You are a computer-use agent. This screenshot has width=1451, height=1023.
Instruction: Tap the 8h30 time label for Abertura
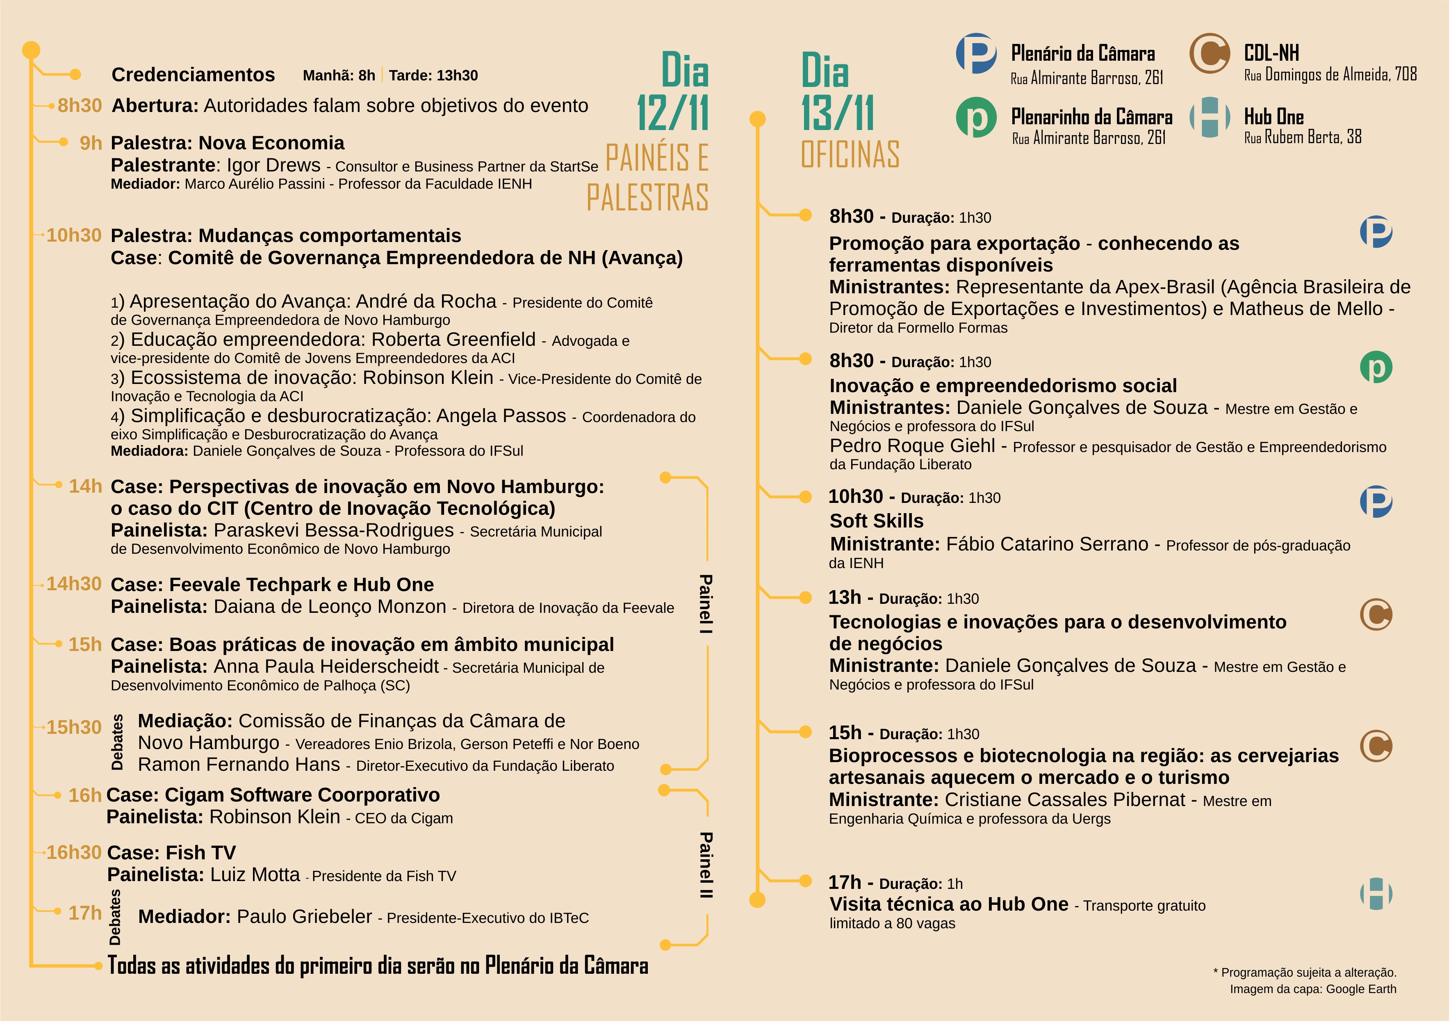point(79,105)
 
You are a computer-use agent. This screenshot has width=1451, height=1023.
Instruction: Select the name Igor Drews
point(273,165)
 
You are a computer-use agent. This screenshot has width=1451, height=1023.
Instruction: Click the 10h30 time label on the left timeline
point(73,235)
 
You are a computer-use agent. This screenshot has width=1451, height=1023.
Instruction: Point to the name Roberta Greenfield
point(453,340)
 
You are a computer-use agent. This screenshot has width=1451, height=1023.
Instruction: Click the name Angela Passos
point(501,416)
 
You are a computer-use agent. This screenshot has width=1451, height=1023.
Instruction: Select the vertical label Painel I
point(706,604)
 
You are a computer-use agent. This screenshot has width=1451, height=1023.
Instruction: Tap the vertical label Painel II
point(706,865)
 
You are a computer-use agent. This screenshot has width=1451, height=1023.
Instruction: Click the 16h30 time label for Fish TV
point(73,852)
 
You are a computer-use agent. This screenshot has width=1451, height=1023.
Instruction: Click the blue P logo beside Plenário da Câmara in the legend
point(976,54)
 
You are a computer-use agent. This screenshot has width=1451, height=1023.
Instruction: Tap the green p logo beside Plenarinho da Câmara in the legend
point(976,118)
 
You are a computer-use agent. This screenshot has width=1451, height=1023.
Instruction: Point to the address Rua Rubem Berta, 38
point(1303,137)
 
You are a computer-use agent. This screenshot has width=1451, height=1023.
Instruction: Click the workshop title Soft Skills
point(877,521)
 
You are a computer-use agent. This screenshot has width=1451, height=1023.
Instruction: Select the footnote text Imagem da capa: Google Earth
point(1313,989)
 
